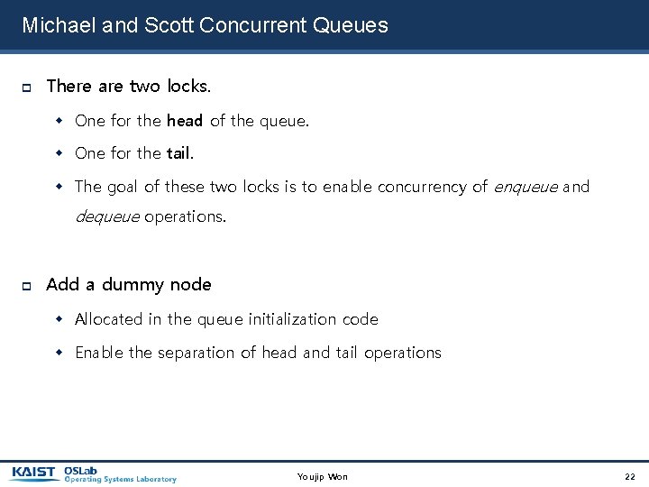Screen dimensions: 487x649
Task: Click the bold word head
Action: (185, 120)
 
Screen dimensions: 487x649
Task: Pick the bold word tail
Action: (178, 153)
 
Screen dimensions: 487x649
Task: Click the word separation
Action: (197, 353)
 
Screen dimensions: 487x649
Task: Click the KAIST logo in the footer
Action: (33, 472)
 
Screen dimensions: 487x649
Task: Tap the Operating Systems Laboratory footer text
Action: (120, 479)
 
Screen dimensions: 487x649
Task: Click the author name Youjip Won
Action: (323, 476)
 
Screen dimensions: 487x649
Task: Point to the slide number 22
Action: (629, 476)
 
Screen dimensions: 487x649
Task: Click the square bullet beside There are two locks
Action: (26, 87)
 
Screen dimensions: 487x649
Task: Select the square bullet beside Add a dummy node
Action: (26, 286)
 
